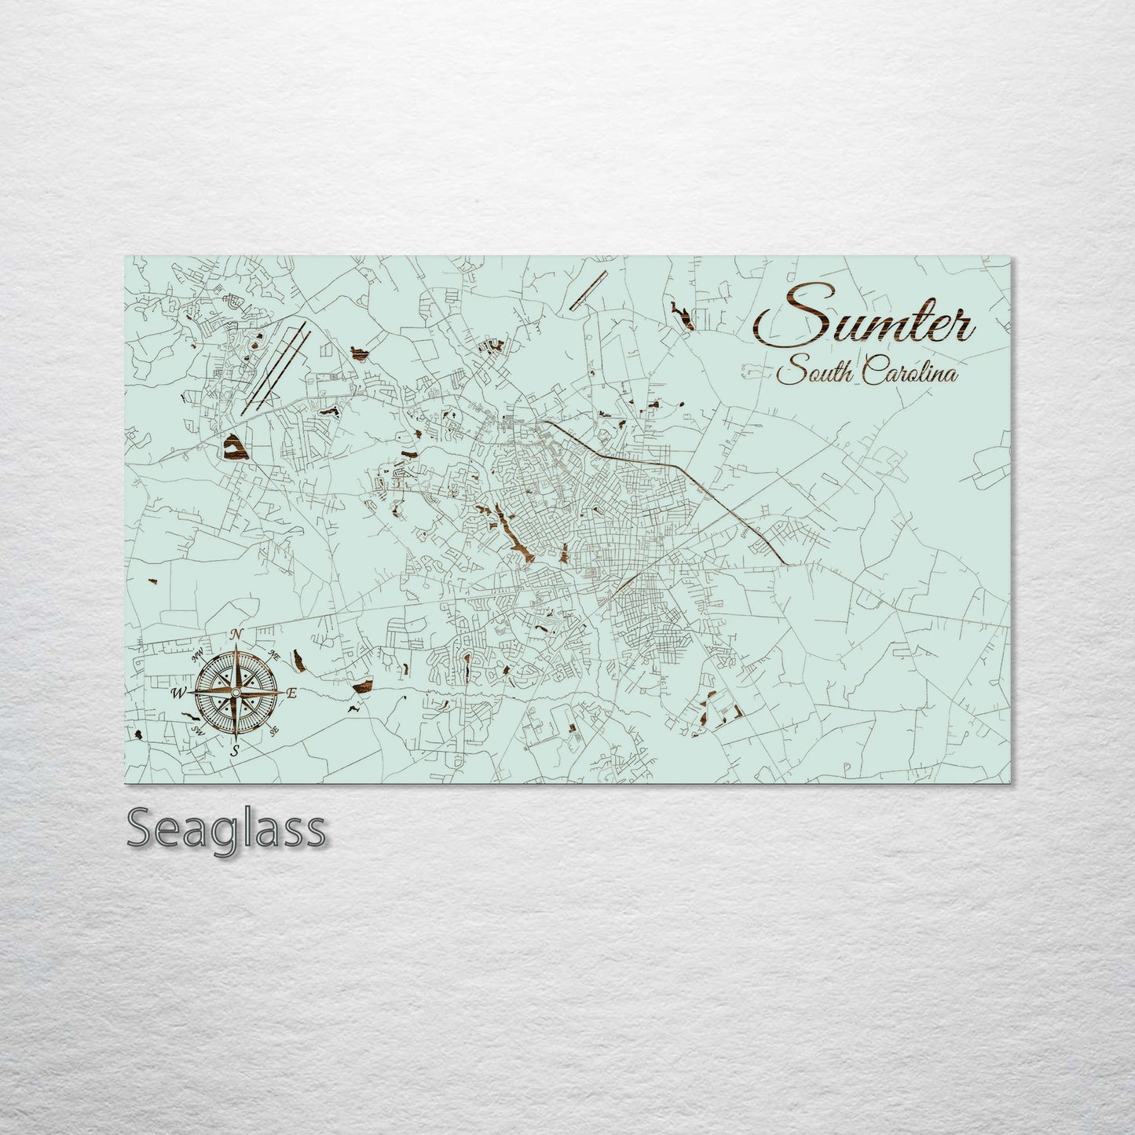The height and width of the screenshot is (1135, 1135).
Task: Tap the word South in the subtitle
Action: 815,372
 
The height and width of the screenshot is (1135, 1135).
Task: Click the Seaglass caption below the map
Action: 225,829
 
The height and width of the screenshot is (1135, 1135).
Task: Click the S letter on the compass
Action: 234,751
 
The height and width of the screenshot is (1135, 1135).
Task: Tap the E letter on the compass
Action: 291,693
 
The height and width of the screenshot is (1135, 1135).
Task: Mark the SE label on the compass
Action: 274,730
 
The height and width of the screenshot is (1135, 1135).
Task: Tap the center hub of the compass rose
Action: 235,692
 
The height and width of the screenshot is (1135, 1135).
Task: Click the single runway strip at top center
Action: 589,290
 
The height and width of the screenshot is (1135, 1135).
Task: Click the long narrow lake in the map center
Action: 514,538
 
